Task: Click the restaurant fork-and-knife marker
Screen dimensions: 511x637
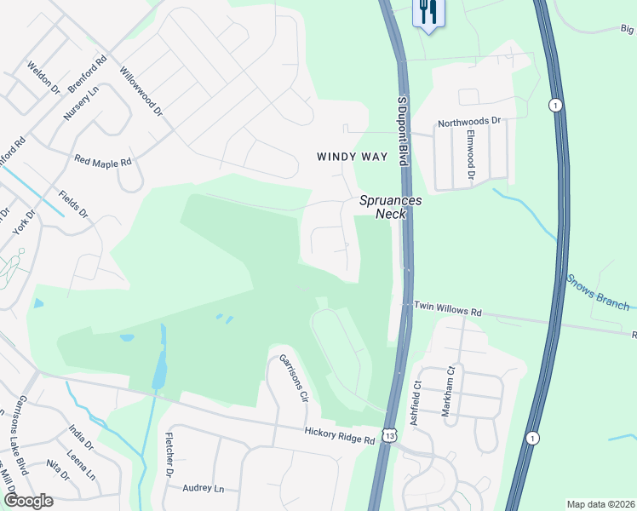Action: [x=428, y=13]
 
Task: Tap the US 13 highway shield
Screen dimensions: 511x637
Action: [x=390, y=435]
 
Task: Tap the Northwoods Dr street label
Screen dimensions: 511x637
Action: [x=469, y=123]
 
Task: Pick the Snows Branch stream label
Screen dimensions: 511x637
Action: [x=599, y=292]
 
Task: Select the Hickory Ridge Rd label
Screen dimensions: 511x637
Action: [x=340, y=436]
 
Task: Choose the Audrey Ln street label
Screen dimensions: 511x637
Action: [x=203, y=489]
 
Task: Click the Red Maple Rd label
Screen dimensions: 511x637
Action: [x=103, y=160]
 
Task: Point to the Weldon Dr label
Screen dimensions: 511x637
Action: [x=43, y=78]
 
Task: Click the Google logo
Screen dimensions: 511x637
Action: [x=28, y=500]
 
